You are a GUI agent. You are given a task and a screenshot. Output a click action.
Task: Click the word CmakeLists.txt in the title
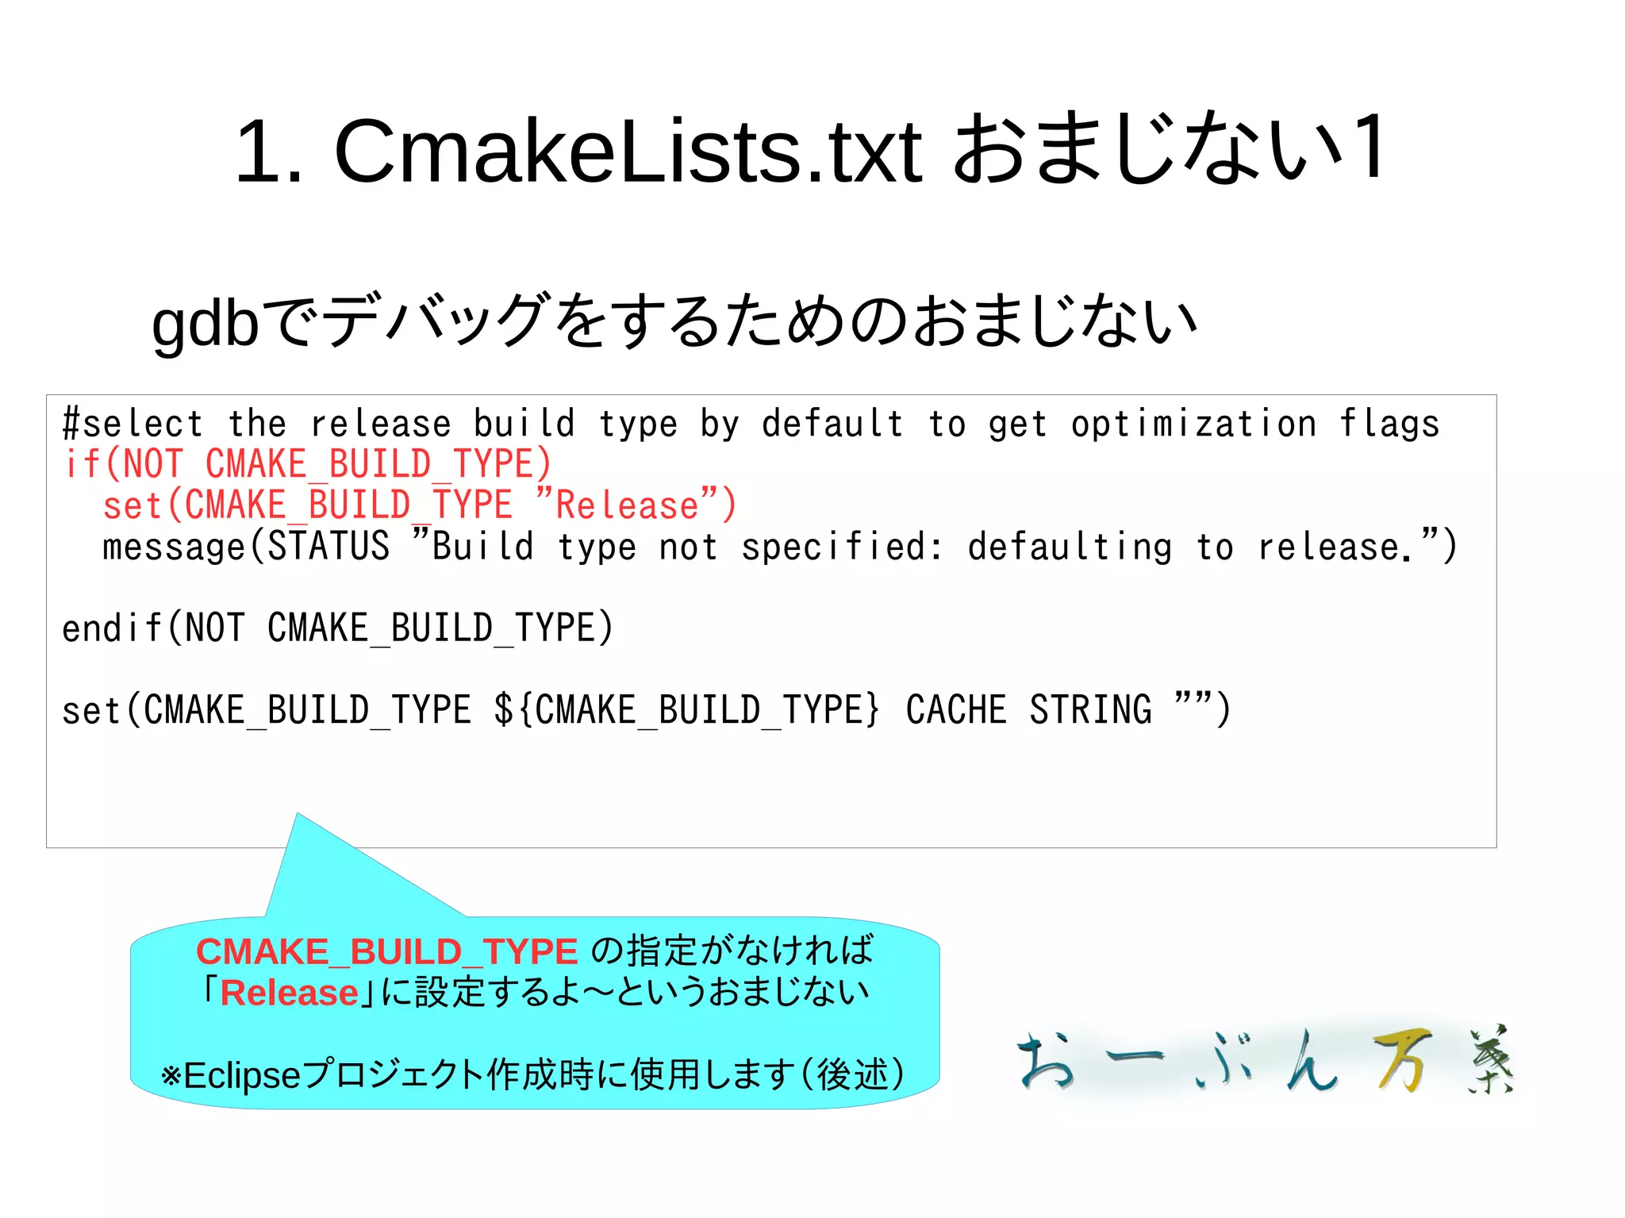click(628, 151)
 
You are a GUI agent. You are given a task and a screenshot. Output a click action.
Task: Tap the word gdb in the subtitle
click(205, 323)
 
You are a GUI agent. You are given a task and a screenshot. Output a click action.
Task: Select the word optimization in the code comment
click(1193, 424)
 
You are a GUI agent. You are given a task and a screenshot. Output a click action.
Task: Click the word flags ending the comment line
click(1389, 424)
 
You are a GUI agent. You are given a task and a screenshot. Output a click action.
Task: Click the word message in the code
click(174, 547)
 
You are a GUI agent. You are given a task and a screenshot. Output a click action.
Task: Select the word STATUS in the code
click(328, 547)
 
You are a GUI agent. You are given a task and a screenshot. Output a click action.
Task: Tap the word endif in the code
click(112, 628)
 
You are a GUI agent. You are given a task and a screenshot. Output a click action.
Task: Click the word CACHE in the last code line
click(956, 709)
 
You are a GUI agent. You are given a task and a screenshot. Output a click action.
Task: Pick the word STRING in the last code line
click(1090, 709)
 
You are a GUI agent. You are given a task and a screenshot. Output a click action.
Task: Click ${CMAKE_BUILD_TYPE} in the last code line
click(687, 709)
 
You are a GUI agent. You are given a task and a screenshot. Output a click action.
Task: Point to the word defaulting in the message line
click(1070, 547)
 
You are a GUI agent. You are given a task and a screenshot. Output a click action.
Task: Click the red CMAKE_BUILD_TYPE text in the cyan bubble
click(386, 951)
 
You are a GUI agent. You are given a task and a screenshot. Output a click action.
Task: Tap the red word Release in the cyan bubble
click(289, 993)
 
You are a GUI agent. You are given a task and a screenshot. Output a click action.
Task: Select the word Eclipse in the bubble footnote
click(242, 1076)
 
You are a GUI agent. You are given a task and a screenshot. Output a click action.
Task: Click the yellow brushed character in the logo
click(1402, 1060)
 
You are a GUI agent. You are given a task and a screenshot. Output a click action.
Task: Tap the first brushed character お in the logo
click(1047, 1060)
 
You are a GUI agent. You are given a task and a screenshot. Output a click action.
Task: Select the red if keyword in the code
click(81, 464)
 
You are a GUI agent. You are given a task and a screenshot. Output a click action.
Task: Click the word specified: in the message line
click(842, 547)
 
